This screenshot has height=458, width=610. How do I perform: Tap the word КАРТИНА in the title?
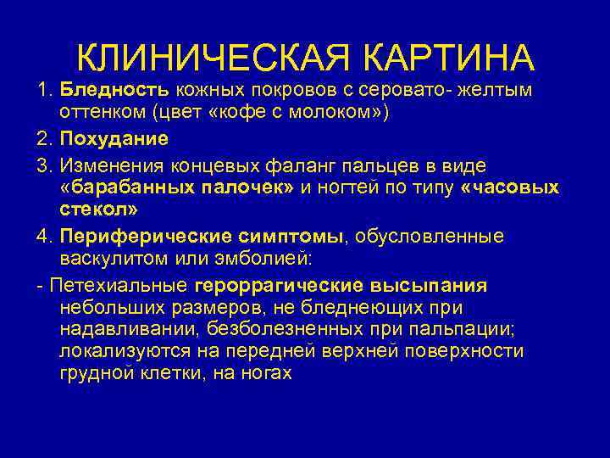pyautogui.click(x=449, y=57)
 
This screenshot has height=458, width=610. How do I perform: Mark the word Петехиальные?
pyautogui.click(x=119, y=283)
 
